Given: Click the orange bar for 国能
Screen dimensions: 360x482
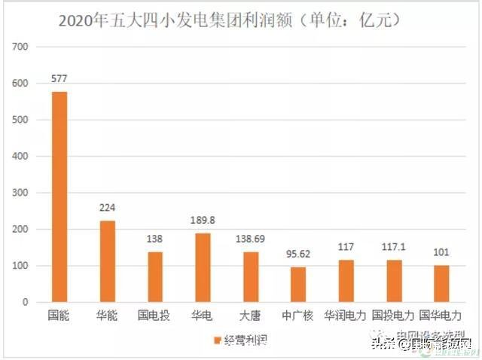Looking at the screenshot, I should [59, 197].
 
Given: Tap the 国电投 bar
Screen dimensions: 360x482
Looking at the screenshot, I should [154, 276].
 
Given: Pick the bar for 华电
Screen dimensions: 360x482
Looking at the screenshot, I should [203, 267].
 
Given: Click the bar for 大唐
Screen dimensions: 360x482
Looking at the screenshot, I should [250, 276].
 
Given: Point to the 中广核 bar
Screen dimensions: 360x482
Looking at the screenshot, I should [298, 285].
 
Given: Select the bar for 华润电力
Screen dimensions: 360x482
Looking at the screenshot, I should [346, 281].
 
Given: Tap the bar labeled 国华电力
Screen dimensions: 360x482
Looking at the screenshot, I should [442, 284].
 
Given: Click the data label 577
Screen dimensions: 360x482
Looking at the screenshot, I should [59, 78].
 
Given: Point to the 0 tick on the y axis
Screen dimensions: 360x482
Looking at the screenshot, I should [25, 303].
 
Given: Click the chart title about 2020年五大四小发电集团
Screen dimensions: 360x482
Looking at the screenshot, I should [229, 20].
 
